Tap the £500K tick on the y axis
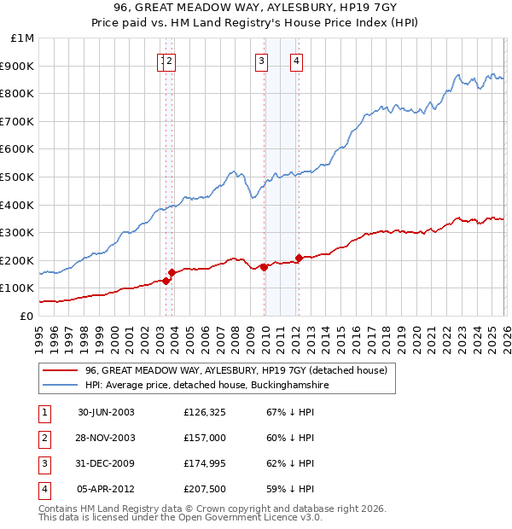coord(19,177)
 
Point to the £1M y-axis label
coord(23,38)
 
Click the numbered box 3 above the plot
coord(260,61)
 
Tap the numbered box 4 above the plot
coord(296,61)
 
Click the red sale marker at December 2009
coord(265,267)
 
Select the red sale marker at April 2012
coord(299,258)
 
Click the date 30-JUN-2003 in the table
coord(106,412)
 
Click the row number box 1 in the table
coord(44,412)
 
